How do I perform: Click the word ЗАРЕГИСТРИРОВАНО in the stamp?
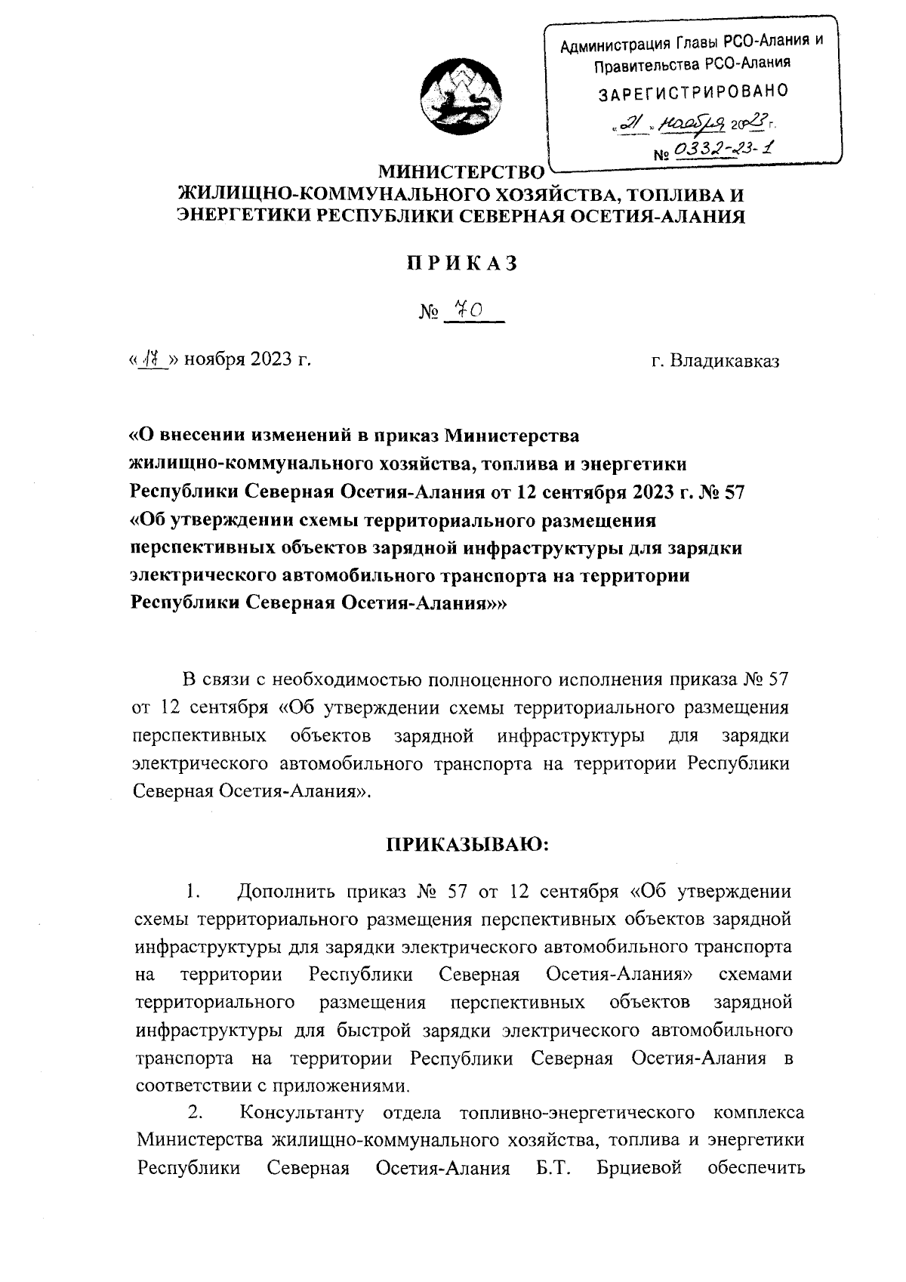point(693,92)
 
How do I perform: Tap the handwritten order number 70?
point(470,310)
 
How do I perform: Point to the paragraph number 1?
point(192,891)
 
